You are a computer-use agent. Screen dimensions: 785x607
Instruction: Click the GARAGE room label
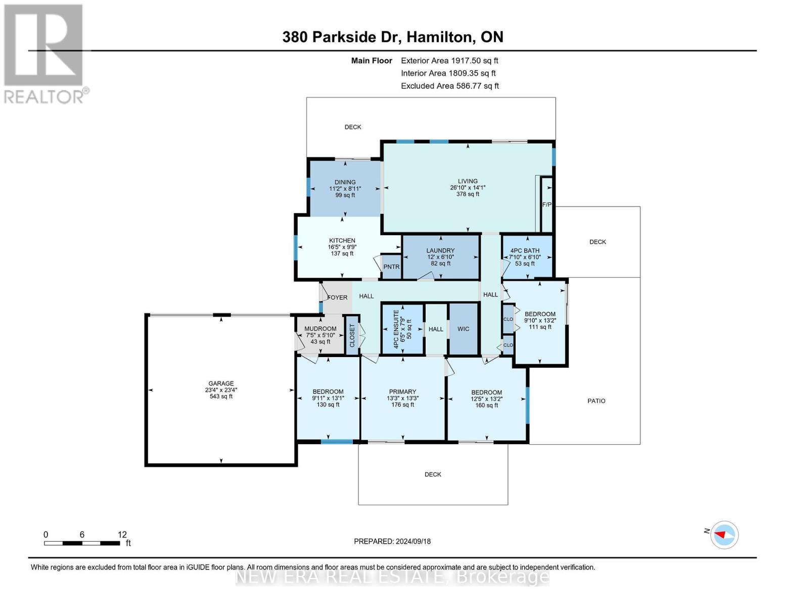click(221, 383)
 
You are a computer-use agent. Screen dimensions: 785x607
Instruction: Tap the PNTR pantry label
click(391, 267)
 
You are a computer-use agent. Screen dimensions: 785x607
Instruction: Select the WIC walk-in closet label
click(463, 329)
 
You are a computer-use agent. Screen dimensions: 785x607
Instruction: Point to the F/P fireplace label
click(546, 205)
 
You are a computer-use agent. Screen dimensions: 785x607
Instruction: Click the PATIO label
click(596, 401)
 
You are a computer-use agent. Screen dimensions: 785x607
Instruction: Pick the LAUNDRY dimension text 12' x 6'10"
click(440, 257)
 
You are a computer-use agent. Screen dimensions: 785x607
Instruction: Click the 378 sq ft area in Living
click(468, 194)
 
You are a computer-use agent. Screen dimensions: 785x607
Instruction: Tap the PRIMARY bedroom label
click(402, 392)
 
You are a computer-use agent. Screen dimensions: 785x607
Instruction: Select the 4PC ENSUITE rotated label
click(396, 329)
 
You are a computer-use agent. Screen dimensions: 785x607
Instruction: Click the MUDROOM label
click(320, 329)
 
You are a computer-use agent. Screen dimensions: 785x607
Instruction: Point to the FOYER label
click(337, 297)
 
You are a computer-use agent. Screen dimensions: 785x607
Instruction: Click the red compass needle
click(720, 534)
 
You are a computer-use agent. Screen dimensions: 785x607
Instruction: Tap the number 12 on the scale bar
click(122, 534)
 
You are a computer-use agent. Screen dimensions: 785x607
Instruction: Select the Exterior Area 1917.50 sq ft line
click(449, 61)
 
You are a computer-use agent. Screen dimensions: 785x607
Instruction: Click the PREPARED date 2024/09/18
click(413, 542)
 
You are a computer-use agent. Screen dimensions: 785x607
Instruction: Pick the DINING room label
click(345, 182)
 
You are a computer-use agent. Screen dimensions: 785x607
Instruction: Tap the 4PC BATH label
click(525, 250)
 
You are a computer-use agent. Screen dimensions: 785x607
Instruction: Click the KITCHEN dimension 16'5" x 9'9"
click(342, 247)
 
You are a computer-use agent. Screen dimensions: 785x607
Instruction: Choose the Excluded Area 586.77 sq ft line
click(450, 86)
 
